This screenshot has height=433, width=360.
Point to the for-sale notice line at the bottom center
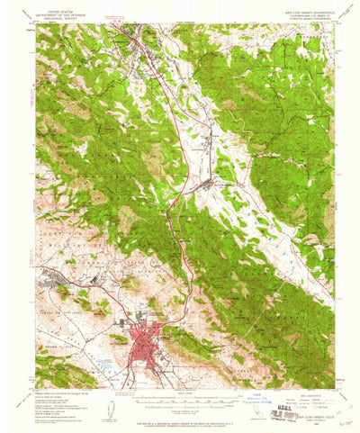tap(184, 422)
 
